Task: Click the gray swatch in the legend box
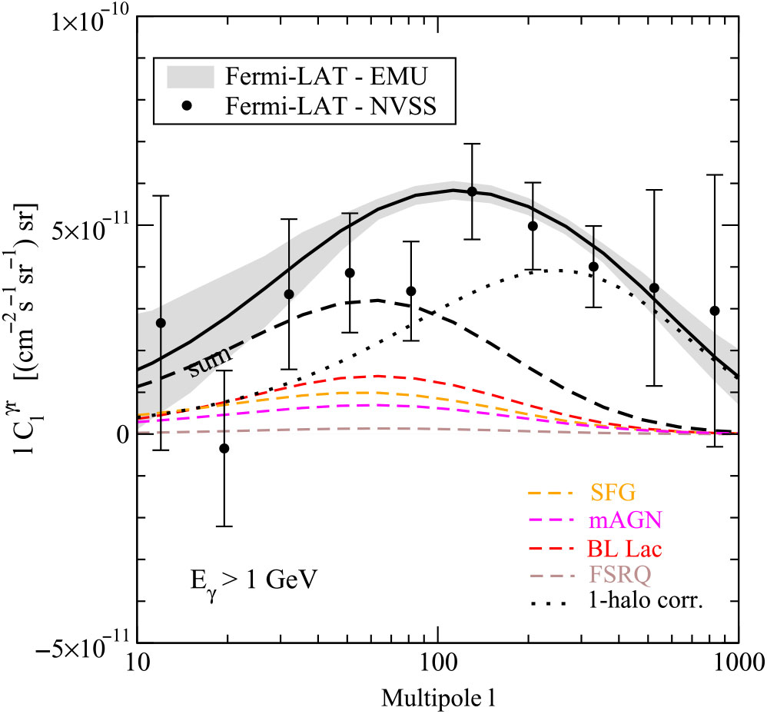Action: click(x=191, y=77)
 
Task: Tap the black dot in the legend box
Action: click(x=191, y=107)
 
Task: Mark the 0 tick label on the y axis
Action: click(x=121, y=435)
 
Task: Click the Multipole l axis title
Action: click(x=437, y=698)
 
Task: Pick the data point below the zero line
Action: click(x=224, y=448)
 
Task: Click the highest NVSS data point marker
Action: click(x=472, y=191)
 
